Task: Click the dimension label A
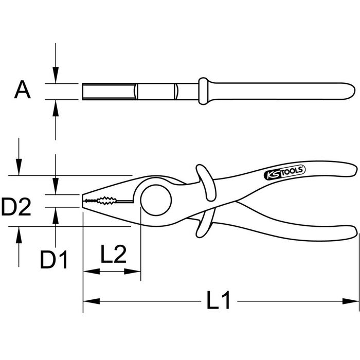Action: pos(22,89)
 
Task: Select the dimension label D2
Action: pos(16,207)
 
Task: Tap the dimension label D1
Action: pos(53,260)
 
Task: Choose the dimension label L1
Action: pos(218,300)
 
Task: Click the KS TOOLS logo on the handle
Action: pos(285,172)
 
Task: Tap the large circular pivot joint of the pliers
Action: pos(156,200)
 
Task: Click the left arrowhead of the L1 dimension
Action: pos(92,301)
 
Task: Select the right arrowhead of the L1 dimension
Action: pos(350,301)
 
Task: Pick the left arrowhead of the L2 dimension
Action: pos(92,272)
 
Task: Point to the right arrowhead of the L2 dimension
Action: pos(132,272)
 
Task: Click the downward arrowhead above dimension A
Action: pos(56,75)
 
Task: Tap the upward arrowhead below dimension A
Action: pos(56,109)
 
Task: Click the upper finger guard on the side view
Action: pos(206,182)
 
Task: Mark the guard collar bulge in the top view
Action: pos(204,91)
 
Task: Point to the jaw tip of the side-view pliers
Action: pos(82,201)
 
